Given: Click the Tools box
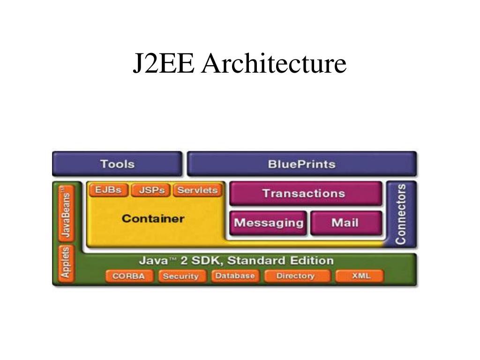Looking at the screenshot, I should (117, 164).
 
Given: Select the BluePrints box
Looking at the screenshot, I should (301, 164).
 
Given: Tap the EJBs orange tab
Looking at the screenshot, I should (108, 190).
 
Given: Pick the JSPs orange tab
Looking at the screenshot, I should (150, 190).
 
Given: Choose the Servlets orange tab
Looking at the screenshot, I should (197, 190).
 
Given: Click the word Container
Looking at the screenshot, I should (153, 218).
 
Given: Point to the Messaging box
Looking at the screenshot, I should (269, 223).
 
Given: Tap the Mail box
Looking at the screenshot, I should (345, 223).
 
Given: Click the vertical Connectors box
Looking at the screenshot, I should (401, 214).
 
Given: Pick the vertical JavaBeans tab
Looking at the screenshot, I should (67, 212).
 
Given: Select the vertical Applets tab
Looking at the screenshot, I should (66, 263).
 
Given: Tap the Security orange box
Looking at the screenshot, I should (180, 276).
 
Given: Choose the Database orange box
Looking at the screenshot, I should (234, 276).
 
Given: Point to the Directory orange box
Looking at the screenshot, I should (295, 276).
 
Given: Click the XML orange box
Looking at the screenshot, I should (360, 276).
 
